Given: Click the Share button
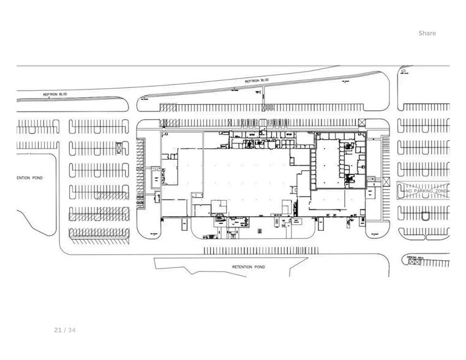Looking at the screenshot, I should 427,33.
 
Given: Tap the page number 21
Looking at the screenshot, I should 58,330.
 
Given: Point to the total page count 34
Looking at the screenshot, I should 72,330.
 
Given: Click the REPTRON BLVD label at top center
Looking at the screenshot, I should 257,80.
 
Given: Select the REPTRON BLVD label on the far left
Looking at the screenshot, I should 54,94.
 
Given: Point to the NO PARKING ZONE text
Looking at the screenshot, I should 426,192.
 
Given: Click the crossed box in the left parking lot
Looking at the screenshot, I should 118,147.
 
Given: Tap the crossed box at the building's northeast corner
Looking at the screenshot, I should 363,122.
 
